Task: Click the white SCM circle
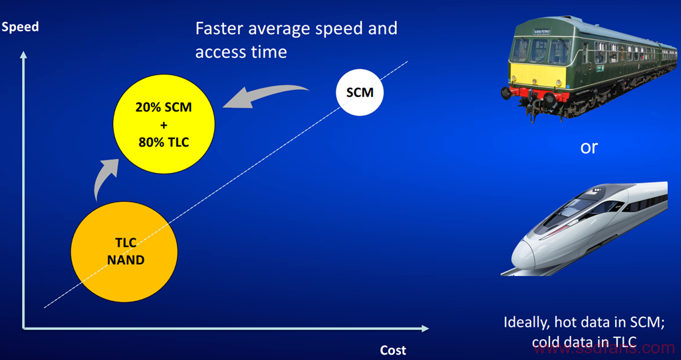pos(360,92)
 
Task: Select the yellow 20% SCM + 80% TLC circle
pos(164,124)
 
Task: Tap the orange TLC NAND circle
pos(124,252)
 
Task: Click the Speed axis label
pos(20,27)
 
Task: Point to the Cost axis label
pos(393,350)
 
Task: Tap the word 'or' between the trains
pos(589,147)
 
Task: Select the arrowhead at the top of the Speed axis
pos(23,55)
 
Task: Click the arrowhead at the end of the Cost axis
pos(425,328)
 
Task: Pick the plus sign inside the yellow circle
pos(164,125)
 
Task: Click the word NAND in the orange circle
pos(126,260)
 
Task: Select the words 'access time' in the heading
pos(241,53)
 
